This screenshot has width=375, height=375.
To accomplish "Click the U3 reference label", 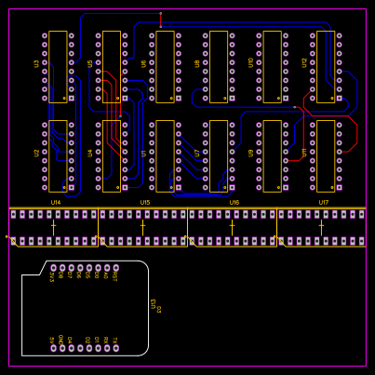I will [37, 63].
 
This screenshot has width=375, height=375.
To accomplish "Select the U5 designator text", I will [90, 63].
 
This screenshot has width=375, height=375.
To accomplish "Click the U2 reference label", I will [37, 153].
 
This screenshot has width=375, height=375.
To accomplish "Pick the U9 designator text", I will [251, 153].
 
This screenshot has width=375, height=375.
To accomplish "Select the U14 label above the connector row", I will [55, 202].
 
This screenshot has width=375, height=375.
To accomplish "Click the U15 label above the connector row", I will [144, 202].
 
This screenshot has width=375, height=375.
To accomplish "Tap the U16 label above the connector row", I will [234, 202].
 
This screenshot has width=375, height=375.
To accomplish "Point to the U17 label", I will [323, 202].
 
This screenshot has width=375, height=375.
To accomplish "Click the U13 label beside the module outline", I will [154, 303].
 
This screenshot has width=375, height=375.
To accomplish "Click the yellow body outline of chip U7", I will [219, 155].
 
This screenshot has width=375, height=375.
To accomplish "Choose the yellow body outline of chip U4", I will [112, 155].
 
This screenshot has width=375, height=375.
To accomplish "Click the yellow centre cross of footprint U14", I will [53, 226].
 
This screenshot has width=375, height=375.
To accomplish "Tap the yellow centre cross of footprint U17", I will [321, 226].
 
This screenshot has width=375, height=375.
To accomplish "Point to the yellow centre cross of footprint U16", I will [232, 226].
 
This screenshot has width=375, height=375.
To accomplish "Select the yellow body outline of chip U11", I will [326, 155].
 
